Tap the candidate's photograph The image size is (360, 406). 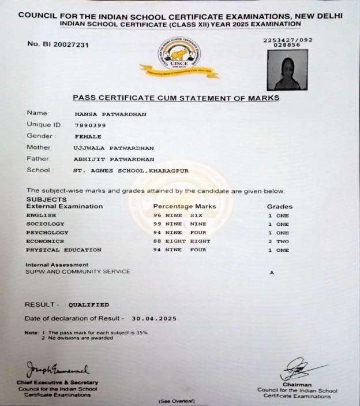pyautogui.click(x=287, y=70)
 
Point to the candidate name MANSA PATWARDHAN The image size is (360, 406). pyautogui.click(x=110, y=114)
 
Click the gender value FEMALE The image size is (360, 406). pyautogui.click(x=88, y=136)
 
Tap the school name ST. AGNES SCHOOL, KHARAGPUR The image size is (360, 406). pyautogui.click(x=131, y=170)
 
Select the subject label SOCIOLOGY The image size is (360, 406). pyautogui.click(x=46, y=224)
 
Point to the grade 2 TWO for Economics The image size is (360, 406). pyautogui.click(x=278, y=241)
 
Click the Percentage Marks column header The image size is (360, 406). pyautogui.click(x=185, y=206)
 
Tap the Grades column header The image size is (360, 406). pyautogui.click(x=279, y=206)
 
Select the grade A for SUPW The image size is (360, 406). pyautogui.click(x=272, y=273)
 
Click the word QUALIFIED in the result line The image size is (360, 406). pyautogui.click(x=89, y=304)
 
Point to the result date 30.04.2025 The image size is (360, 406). pyautogui.click(x=153, y=318)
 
